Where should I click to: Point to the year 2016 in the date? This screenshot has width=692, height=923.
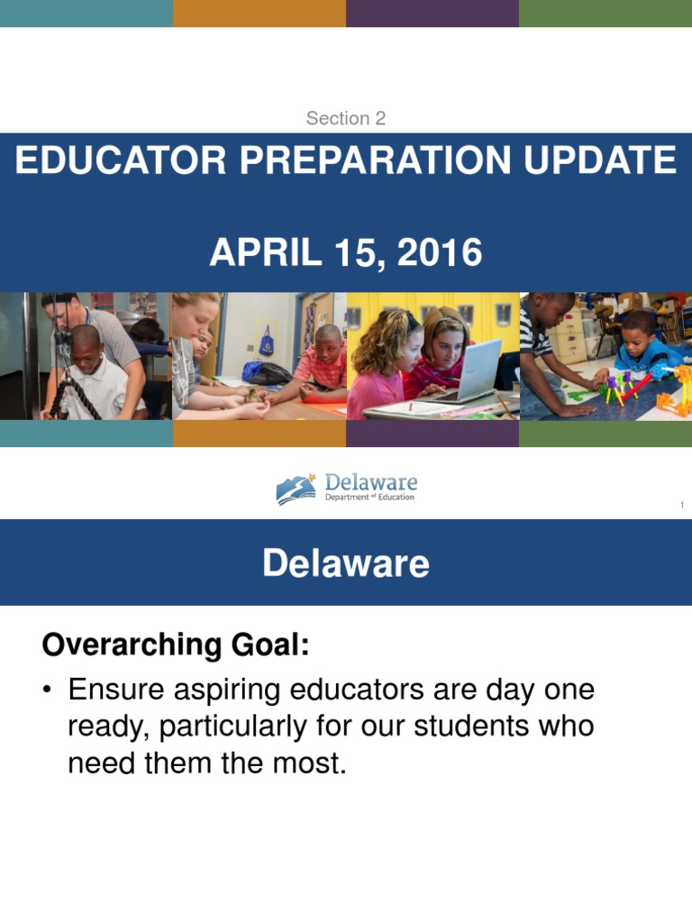pos(442,253)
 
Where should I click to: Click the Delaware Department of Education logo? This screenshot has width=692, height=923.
pos(346,489)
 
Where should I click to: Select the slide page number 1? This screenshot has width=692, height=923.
pos(682,506)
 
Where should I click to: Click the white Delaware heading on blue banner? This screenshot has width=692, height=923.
pos(346,564)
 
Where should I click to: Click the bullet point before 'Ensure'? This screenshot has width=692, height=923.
pos(47,691)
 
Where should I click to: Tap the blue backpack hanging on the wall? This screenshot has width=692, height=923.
pos(267,343)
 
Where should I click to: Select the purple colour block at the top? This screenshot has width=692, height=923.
pos(432,14)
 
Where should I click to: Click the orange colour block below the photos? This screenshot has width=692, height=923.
pos(259,434)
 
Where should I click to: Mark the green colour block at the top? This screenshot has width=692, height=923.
pos(605,14)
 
